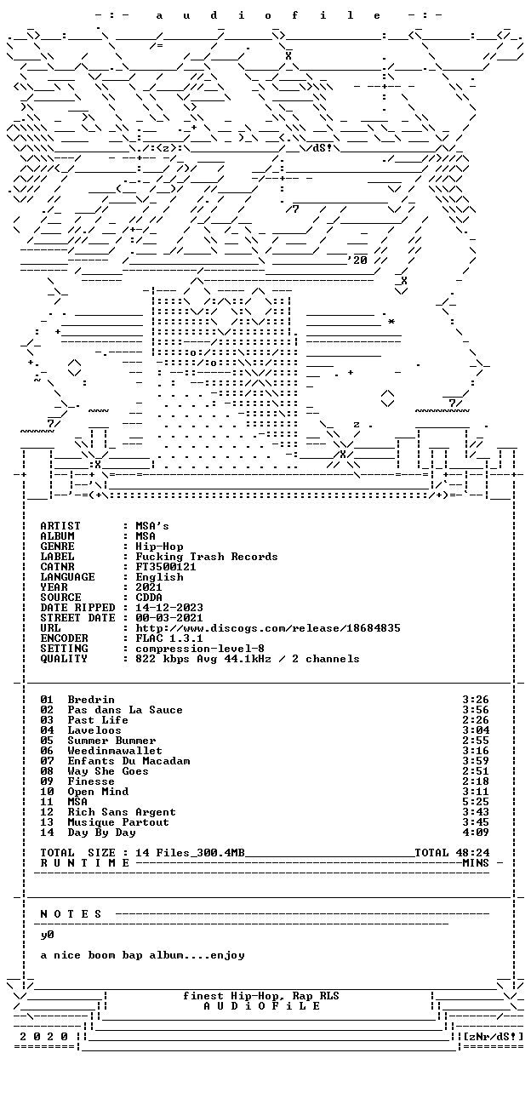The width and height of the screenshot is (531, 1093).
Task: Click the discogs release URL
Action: point(268,628)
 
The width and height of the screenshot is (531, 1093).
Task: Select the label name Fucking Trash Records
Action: point(206,557)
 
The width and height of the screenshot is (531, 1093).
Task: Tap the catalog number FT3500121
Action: point(166,567)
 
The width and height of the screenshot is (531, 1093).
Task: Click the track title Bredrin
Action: point(91,700)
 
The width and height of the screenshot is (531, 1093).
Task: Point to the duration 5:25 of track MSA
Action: point(476,802)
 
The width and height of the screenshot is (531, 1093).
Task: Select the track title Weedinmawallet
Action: point(115,751)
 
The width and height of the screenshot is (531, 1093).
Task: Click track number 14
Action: point(47,833)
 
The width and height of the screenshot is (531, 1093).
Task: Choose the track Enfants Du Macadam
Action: point(128,761)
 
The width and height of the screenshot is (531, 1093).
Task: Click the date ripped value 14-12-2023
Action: point(169,608)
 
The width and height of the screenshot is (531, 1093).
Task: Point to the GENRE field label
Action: point(57,546)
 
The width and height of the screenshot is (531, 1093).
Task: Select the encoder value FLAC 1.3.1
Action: point(169,638)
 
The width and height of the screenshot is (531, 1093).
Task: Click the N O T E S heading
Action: point(71,914)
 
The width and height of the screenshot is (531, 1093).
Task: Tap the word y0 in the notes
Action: point(47,935)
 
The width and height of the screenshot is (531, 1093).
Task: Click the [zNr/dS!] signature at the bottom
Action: point(493,1037)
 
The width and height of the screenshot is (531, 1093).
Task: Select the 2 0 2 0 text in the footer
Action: point(43,1037)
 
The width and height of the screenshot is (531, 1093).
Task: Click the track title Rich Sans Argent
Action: point(122,812)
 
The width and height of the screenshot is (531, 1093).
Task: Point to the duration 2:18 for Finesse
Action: point(476,781)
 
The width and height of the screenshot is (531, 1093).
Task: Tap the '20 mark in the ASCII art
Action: point(357,260)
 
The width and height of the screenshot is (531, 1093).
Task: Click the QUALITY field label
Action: point(64,659)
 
